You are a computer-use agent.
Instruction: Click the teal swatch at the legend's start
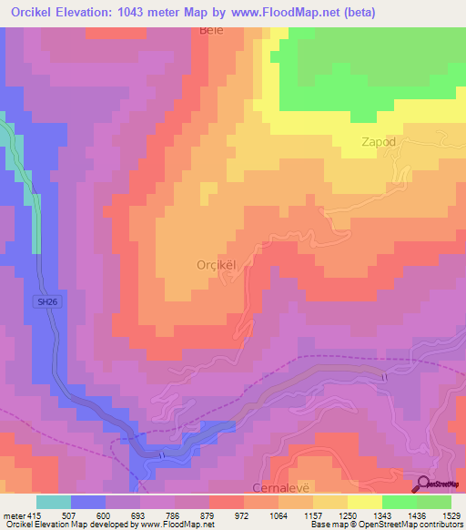54,502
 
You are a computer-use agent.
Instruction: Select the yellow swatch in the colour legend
364,502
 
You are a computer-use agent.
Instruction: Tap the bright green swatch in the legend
399,502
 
